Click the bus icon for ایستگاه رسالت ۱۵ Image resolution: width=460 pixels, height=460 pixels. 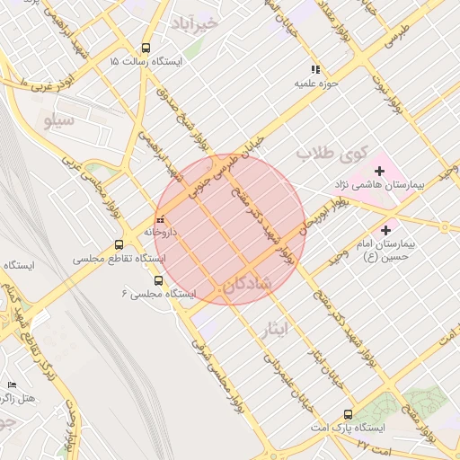[x=146, y=49]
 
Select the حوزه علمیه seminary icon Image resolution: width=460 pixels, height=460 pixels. [x=315, y=69]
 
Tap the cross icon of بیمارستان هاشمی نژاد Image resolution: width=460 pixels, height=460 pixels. [x=380, y=170]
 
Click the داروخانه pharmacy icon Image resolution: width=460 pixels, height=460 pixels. [x=160, y=218]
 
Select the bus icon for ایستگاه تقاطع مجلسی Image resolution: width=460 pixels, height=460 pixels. [x=119, y=244]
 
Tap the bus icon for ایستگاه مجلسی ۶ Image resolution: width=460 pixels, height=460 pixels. [x=159, y=280]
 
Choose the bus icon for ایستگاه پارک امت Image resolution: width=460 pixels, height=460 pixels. [x=348, y=414]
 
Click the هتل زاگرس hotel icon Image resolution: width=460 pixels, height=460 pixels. [x=12, y=385]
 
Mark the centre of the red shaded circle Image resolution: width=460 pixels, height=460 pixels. [x=230, y=230]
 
